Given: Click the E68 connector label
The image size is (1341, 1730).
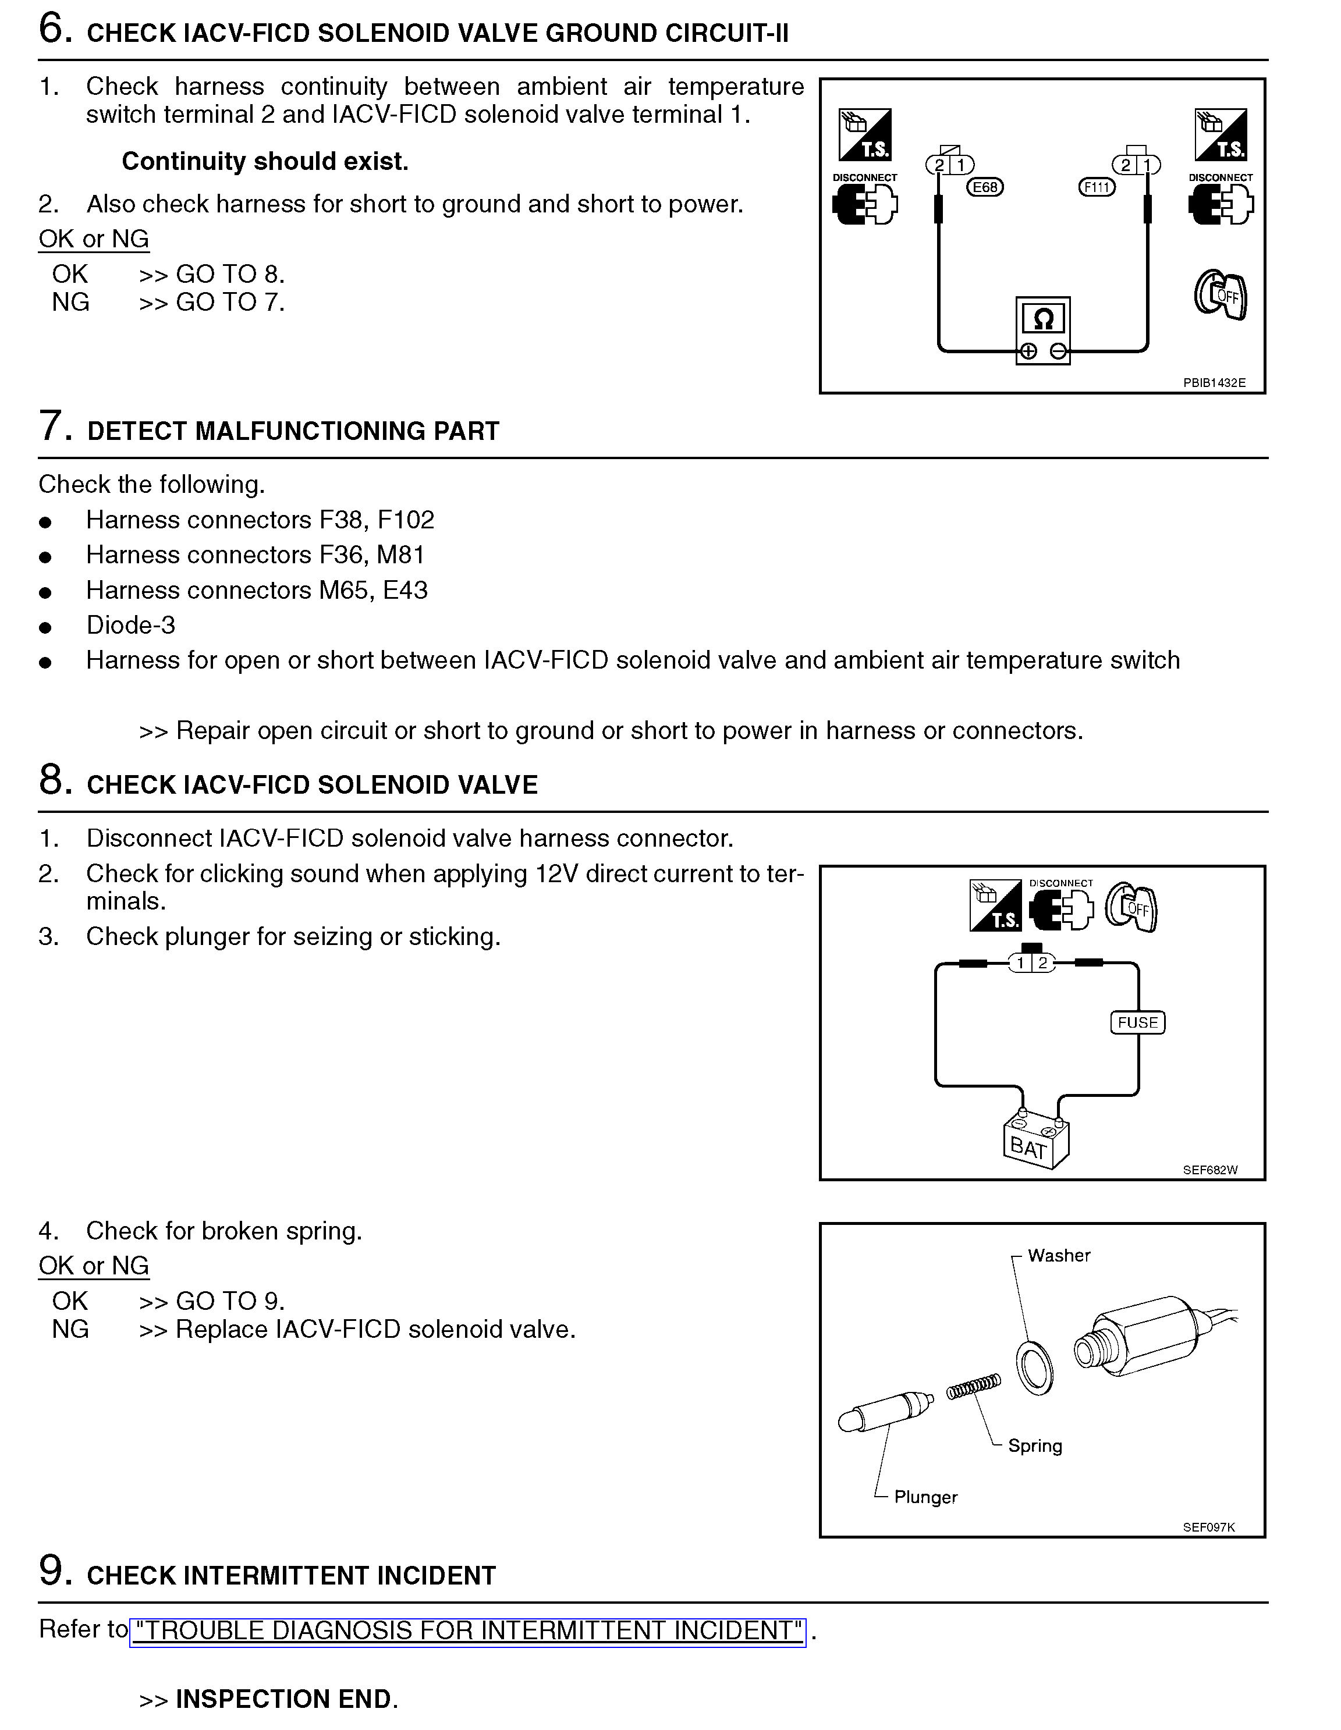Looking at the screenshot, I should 985,187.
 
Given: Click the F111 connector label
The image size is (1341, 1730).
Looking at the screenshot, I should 1097,187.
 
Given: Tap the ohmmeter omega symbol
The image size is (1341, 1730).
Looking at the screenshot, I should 1043,319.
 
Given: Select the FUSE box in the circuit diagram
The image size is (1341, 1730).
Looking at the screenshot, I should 1137,1022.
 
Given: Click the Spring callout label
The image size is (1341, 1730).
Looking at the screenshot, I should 1034,1445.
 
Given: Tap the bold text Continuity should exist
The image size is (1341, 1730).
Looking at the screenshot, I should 265,162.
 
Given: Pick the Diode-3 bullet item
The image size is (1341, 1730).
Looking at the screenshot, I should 131,625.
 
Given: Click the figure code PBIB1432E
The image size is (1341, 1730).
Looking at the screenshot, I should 1214,382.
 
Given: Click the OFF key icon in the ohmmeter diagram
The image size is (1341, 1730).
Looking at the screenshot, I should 1221,296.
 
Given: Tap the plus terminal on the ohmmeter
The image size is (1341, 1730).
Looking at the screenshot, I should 1028,351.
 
